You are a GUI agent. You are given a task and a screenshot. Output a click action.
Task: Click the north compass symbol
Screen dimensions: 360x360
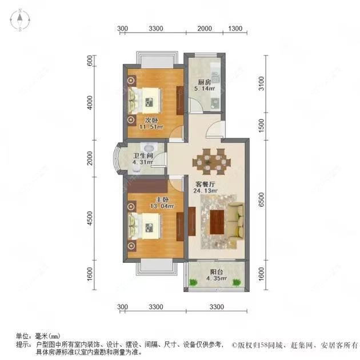20,21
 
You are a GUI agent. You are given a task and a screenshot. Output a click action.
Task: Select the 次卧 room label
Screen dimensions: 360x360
151,120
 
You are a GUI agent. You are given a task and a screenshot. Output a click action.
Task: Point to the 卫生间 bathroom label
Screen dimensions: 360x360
142,155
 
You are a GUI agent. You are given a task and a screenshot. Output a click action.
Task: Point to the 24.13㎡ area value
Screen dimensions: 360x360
206,191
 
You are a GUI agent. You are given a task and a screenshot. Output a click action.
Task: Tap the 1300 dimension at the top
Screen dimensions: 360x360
235,29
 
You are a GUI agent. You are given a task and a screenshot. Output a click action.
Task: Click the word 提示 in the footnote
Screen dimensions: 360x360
22,345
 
